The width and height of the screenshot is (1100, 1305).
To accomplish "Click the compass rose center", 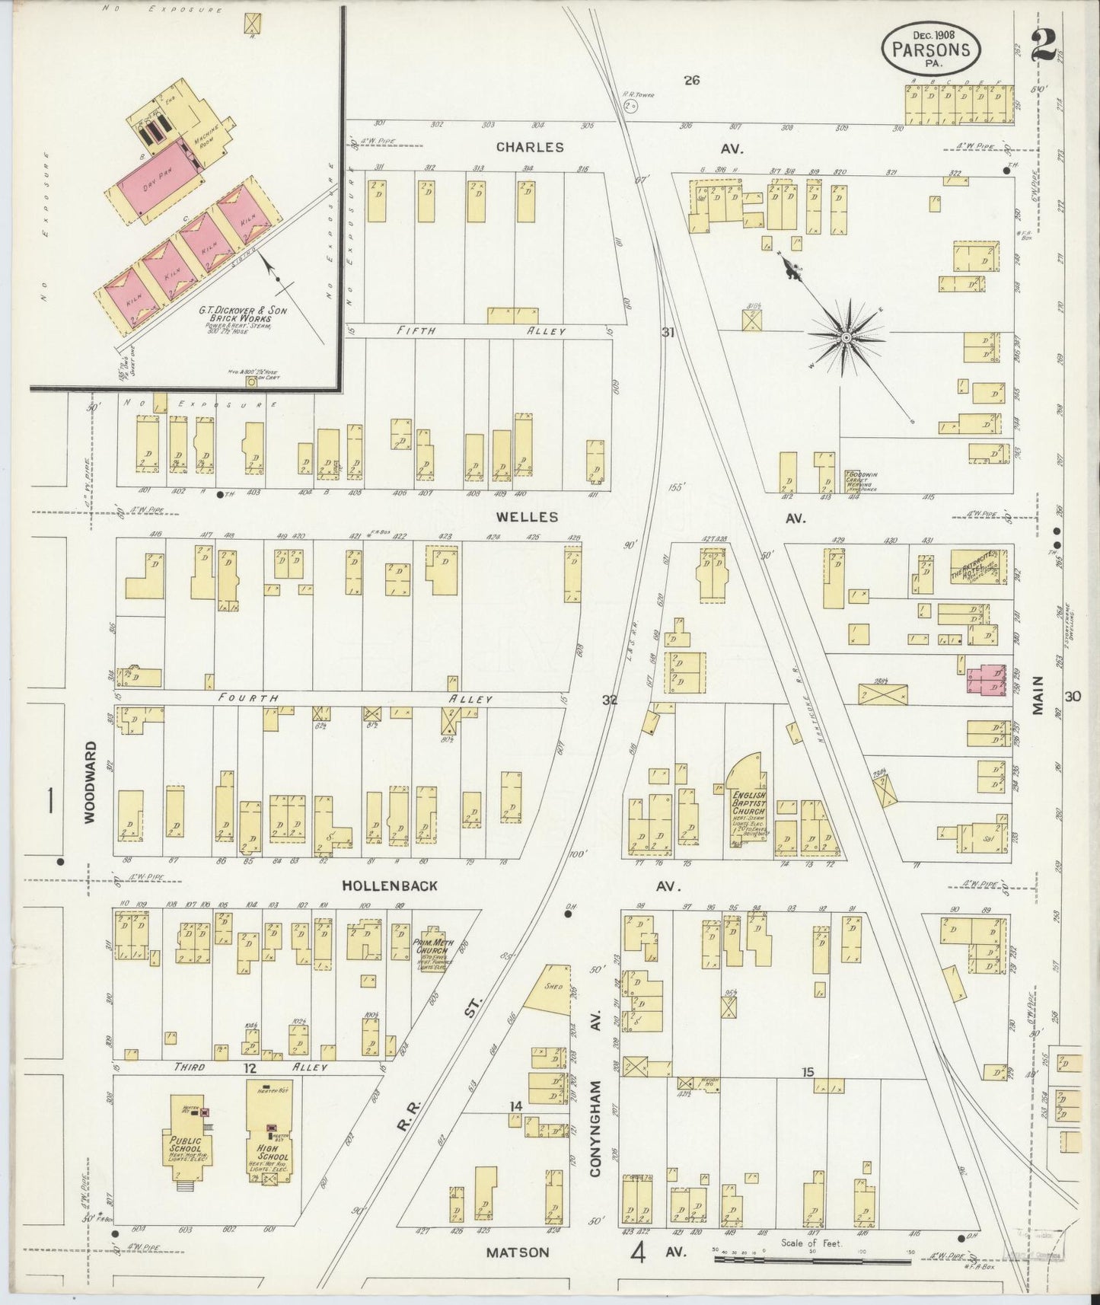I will (x=846, y=336).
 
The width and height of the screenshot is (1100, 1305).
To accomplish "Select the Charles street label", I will (x=530, y=147).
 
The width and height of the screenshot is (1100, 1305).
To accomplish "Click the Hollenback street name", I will (x=390, y=885).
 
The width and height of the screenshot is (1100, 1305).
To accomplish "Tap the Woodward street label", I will (x=90, y=782).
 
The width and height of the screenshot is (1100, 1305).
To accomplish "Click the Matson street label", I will (x=517, y=1252).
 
